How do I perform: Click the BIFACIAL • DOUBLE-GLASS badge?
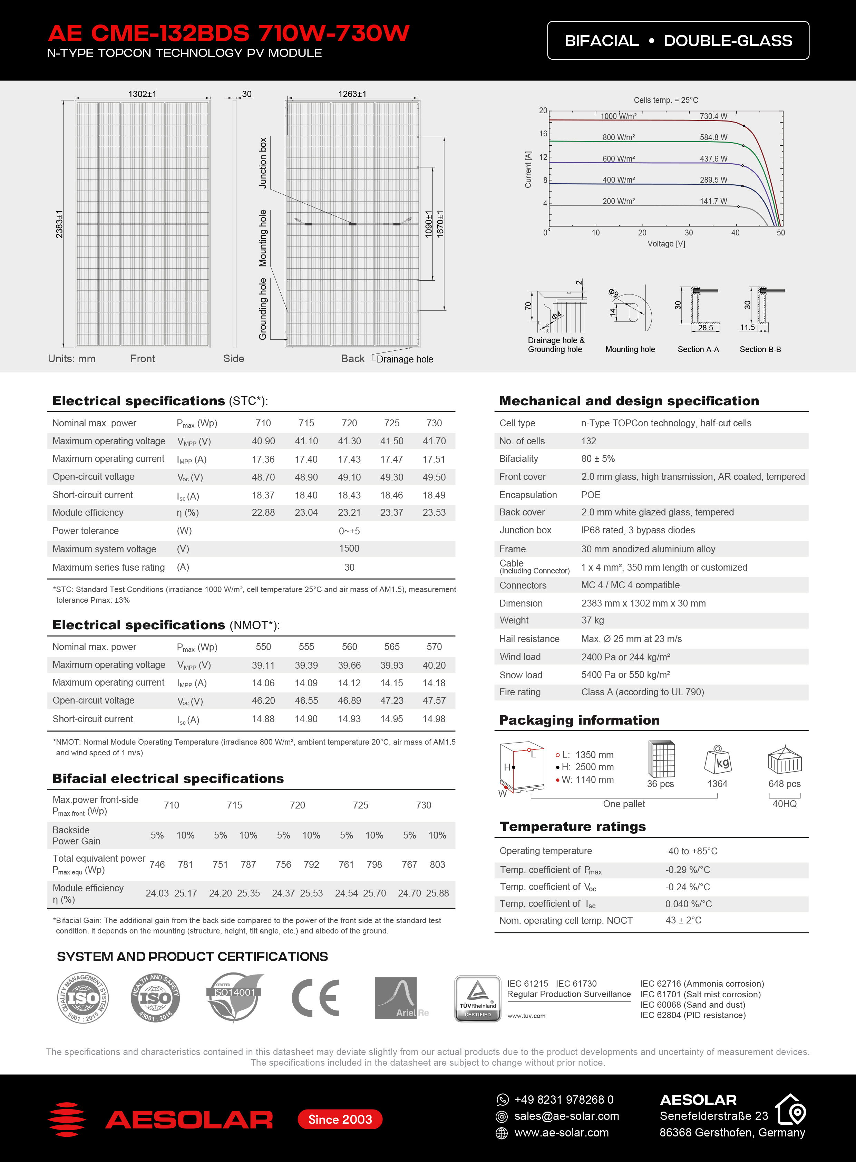point(678,40)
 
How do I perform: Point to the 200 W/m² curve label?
point(618,201)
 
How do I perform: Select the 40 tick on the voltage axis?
point(735,233)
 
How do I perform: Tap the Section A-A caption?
point(698,349)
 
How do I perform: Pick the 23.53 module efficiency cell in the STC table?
point(434,513)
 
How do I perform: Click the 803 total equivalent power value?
point(437,864)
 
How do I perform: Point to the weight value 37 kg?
point(592,620)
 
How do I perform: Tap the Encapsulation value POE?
point(590,495)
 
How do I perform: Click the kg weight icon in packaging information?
point(717,760)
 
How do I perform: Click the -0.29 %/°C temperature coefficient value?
point(688,870)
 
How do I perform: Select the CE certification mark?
point(315,998)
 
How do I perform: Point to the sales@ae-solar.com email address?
point(566,1116)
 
